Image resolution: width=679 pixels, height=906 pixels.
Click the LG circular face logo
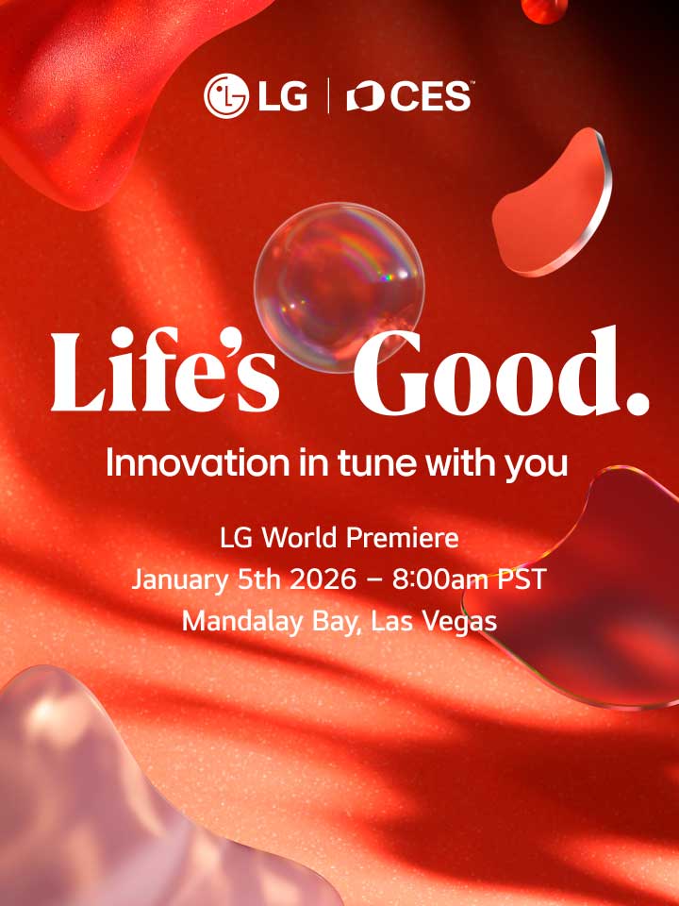tap(224, 96)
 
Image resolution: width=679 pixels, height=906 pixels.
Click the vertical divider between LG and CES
tap(327, 96)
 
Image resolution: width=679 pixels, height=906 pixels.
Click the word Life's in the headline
tap(165, 374)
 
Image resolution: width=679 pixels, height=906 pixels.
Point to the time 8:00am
tap(441, 579)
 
